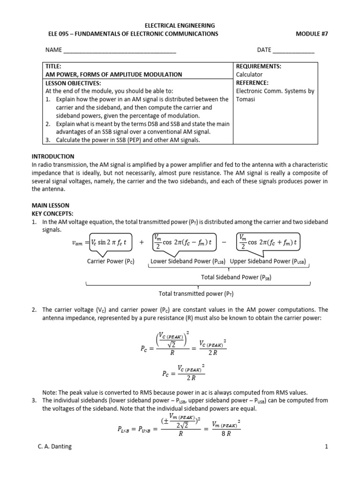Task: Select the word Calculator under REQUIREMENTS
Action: (x=249, y=75)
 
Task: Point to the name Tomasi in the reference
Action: (x=246, y=99)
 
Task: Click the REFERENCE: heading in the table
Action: (x=252, y=83)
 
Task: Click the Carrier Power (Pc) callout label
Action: (x=111, y=262)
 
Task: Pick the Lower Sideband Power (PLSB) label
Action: (x=187, y=262)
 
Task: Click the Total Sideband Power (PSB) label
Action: (x=236, y=277)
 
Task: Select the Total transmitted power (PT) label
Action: (x=196, y=294)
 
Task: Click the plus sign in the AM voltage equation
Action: (x=141, y=242)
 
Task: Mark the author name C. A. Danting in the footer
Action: (x=55, y=460)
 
